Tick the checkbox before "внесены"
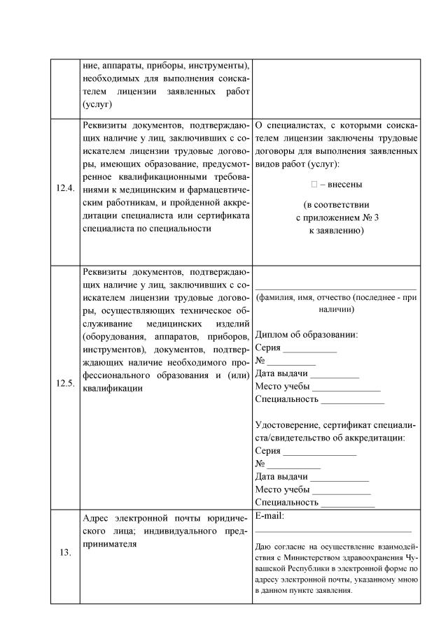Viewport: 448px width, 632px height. [314, 185]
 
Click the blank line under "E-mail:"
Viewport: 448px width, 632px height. [333, 531]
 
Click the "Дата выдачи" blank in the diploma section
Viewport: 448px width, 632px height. [334, 375]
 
